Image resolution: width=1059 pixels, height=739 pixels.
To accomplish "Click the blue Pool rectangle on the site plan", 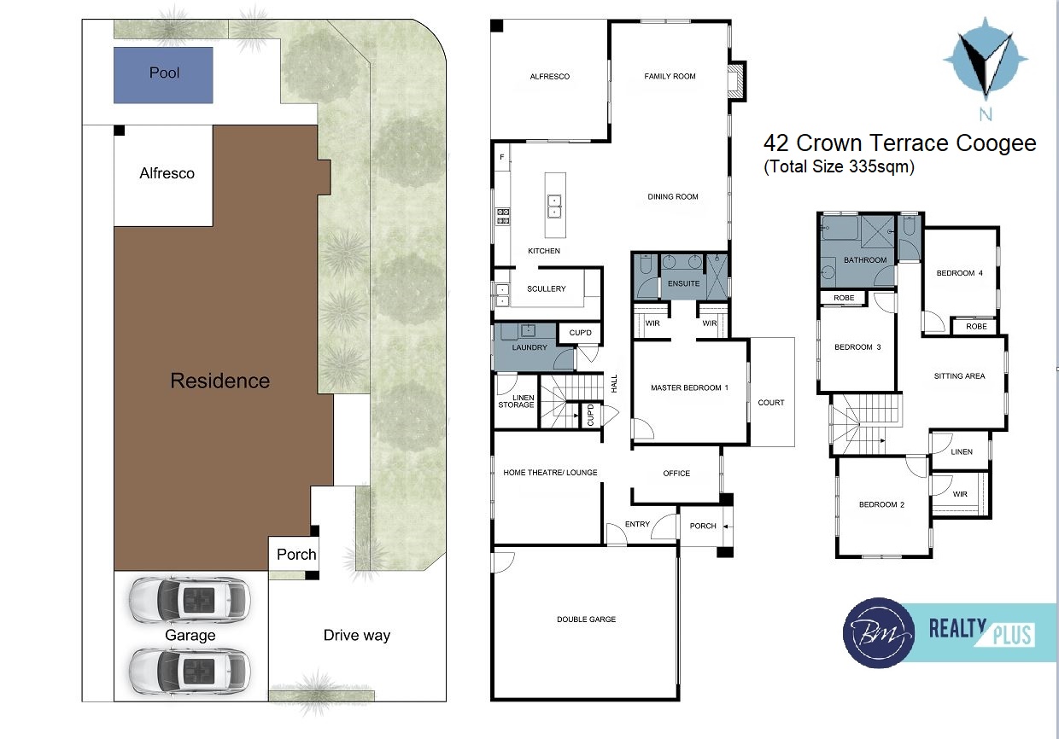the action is (163, 75).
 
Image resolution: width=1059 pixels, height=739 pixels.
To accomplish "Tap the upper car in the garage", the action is (190, 601).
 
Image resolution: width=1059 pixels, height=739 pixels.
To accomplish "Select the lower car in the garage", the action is (190, 671).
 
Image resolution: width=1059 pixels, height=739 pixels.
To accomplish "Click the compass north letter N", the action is (986, 113).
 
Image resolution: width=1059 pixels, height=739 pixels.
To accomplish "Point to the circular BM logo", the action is (879, 633).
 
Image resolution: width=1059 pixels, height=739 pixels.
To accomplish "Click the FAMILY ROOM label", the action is (670, 76).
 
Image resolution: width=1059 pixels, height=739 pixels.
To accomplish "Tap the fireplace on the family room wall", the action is (736, 81).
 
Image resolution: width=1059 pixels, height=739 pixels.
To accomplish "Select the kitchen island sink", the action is (554, 207).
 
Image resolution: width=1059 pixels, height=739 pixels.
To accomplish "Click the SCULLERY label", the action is (547, 288).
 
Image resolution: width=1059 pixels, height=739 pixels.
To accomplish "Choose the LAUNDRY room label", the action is (529, 347).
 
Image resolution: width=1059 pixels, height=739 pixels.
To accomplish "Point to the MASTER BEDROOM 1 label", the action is (689, 387).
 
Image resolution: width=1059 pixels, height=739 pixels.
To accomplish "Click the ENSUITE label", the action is (683, 283).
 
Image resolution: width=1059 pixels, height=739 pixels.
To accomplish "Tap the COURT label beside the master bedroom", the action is (771, 403).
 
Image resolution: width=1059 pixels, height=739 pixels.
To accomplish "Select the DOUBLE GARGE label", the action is (586, 619).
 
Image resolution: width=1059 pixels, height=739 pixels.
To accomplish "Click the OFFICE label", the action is (676, 473).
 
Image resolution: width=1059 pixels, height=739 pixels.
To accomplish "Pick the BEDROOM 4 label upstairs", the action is (960, 273).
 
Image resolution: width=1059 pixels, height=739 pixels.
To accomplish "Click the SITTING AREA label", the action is (959, 376).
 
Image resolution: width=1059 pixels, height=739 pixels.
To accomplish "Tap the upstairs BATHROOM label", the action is (865, 260).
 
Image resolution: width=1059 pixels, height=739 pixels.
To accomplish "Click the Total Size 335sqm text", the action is (840, 166).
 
